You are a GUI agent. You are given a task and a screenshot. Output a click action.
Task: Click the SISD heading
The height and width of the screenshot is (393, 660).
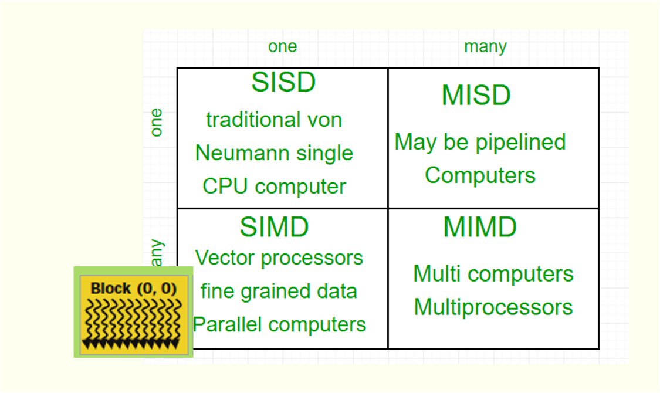283,83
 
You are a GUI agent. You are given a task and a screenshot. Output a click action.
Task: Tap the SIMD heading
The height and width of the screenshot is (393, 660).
274,227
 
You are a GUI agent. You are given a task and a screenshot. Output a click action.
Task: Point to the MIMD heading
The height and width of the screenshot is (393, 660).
480,227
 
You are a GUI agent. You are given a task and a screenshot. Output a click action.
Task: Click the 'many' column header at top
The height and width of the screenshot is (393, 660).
485,46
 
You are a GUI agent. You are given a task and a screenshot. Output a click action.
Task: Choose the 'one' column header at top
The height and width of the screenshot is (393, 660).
282,46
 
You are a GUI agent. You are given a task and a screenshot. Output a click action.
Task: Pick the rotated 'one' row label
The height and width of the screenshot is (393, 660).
156,123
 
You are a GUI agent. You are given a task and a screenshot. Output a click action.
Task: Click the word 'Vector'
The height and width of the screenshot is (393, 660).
221,258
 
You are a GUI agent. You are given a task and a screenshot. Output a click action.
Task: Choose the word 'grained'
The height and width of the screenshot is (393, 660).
278,291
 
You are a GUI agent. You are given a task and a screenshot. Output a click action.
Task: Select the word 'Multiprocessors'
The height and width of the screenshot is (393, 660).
493,307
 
